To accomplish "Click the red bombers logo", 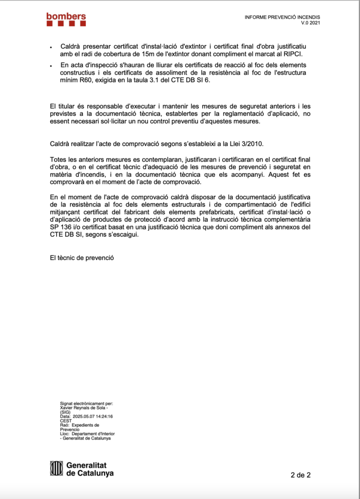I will point(66,19).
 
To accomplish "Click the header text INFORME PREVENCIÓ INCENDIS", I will point(282,18).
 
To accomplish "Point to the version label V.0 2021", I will point(311,23).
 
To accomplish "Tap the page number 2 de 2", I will point(301,475).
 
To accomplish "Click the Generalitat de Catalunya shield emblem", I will point(57,468).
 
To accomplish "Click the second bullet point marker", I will point(52,66).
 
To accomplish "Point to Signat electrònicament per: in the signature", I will point(86,403).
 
